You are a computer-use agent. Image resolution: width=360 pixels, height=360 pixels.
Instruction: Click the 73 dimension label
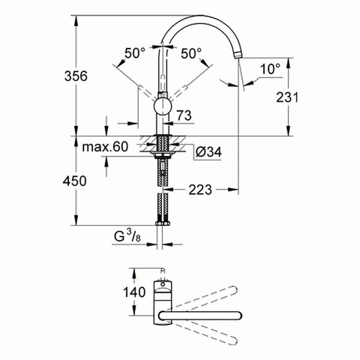tap(183, 116)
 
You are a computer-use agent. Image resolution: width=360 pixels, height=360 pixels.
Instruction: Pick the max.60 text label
tap(105, 147)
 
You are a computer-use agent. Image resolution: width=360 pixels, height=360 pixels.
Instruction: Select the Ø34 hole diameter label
tap(208, 152)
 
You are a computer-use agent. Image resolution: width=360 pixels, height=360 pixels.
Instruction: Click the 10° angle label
tap(270, 68)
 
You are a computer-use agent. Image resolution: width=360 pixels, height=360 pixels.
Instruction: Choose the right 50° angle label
tap(191, 53)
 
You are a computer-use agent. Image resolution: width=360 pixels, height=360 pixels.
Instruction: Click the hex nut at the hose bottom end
tap(163, 223)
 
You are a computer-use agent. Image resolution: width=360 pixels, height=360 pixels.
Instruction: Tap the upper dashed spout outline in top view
tap(209, 298)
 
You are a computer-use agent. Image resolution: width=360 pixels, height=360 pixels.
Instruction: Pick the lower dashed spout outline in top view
tap(209, 333)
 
